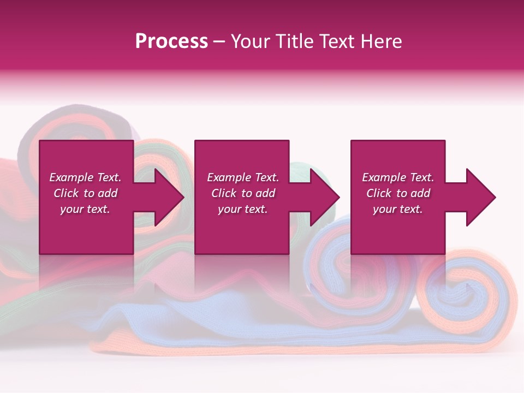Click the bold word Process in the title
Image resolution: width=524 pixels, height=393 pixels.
171,41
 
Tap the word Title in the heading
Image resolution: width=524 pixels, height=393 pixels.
295,41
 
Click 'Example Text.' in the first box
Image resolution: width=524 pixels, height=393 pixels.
85,177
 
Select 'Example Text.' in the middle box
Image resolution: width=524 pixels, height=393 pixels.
243,177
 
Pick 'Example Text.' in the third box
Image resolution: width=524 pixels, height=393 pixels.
398,177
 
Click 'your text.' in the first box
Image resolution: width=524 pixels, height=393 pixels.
85,209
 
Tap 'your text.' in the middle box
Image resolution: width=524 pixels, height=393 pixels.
243,209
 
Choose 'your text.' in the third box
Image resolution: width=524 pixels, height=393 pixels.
398,209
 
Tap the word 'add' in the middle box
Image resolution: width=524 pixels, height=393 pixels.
265,193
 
